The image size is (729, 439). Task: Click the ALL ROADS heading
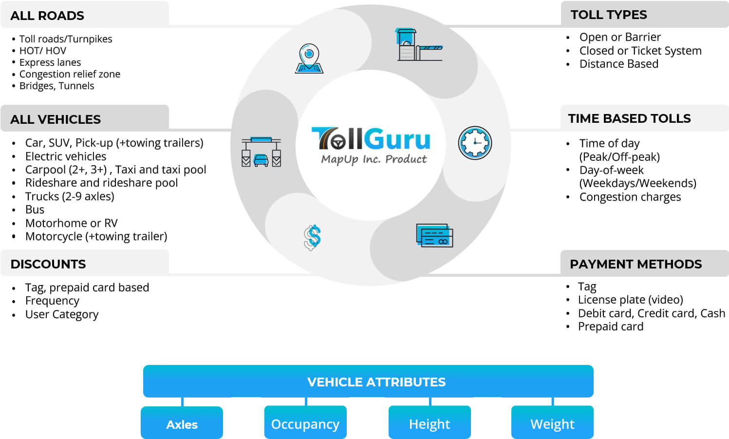(x=47, y=16)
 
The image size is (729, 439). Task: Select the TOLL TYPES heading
(x=608, y=15)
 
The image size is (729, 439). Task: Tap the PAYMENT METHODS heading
(x=636, y=264)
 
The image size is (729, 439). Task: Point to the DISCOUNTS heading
(x=48, y=264)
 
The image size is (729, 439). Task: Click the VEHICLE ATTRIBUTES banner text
(x=376, y=382)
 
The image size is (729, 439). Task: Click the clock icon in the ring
(x=475, y=143)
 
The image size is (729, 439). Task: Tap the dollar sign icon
(x=312, y=237)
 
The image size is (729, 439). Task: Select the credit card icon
(x=434, y=235)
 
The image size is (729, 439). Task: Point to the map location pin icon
(x=309, y=58)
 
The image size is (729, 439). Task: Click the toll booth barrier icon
(x=418, y=45)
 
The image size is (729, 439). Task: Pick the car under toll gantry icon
(x=262, y=153)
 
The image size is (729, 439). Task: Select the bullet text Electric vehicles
(x=66, y=156)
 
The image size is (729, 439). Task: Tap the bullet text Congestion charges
(x=630, y=197)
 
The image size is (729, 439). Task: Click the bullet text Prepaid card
(x=610, y=326)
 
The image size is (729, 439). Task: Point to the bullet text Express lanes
(x=50, y=62)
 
